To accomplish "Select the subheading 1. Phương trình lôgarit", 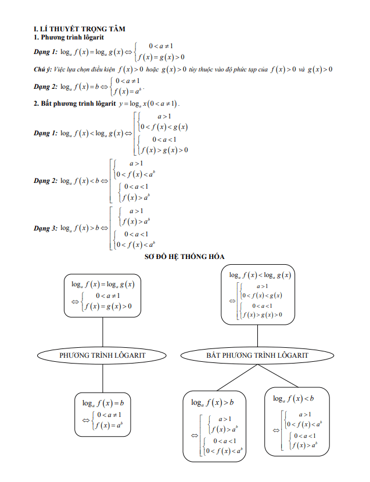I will pos(69,37).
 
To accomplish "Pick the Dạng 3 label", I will pos(45,228).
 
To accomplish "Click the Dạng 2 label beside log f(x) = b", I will pos(45,87).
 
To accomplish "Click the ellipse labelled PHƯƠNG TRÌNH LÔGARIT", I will pos(102,354).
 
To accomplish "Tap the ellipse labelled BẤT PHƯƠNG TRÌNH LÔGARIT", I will pos(257,354).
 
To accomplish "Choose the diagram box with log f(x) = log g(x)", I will pos(102,296).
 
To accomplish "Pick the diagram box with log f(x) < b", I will pos(296,422).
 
